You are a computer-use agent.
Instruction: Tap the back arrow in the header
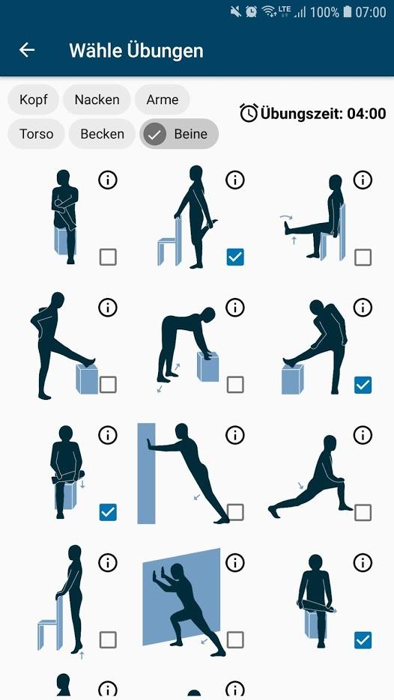[27, 49]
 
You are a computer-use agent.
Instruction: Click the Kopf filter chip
[33, 100]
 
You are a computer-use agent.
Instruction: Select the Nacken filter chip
[97, 100]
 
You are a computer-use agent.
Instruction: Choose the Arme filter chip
[162, 100]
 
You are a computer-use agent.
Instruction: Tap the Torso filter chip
[36, 134]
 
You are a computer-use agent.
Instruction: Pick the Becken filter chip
[103, 134]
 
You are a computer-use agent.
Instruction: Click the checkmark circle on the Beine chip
[154, 134]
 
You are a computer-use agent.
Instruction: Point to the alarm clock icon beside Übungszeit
[249, 112]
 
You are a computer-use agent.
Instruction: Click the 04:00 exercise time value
[366, 113]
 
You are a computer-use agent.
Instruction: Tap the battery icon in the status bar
[348, 12]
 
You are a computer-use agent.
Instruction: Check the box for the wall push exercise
[235, 512]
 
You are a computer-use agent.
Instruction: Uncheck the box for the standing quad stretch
[235, 257]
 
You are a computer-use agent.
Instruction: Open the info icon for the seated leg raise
[363, 180]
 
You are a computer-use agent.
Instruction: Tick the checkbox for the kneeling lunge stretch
[363, 512]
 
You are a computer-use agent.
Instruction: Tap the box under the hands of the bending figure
[207, 367]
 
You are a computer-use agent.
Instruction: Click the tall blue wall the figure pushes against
[146, 473]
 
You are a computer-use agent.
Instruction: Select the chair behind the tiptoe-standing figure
[50, 623]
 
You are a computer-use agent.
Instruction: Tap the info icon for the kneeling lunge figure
[363, 434]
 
